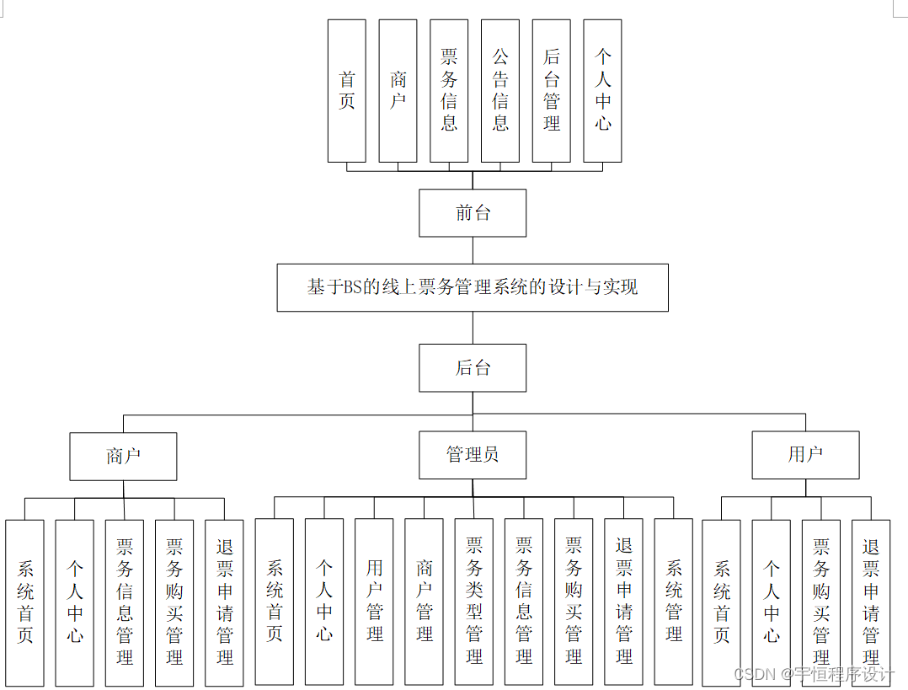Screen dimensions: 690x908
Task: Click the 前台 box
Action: coord(473,213)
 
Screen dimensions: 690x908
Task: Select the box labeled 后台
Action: coord(473,368)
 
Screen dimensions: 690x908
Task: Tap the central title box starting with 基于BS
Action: coord(473,287)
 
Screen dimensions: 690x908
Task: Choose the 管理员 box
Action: coord(473,455)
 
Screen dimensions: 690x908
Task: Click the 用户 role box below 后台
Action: coord(805,455)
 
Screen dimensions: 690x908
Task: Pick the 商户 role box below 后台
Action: coord(123,456)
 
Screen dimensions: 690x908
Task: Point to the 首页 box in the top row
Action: coord(347,91)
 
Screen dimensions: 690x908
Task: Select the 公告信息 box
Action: coord(500,91)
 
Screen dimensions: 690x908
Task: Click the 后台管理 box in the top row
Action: coord(552,91)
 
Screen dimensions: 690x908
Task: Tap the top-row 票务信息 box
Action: coord(449,91)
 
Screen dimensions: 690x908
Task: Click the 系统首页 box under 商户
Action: coord(24,602)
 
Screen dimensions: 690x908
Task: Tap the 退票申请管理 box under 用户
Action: coord(871,602)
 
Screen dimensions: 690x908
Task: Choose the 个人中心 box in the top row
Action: coord(602,91)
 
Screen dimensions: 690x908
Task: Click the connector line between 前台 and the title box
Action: coord(473,250)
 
